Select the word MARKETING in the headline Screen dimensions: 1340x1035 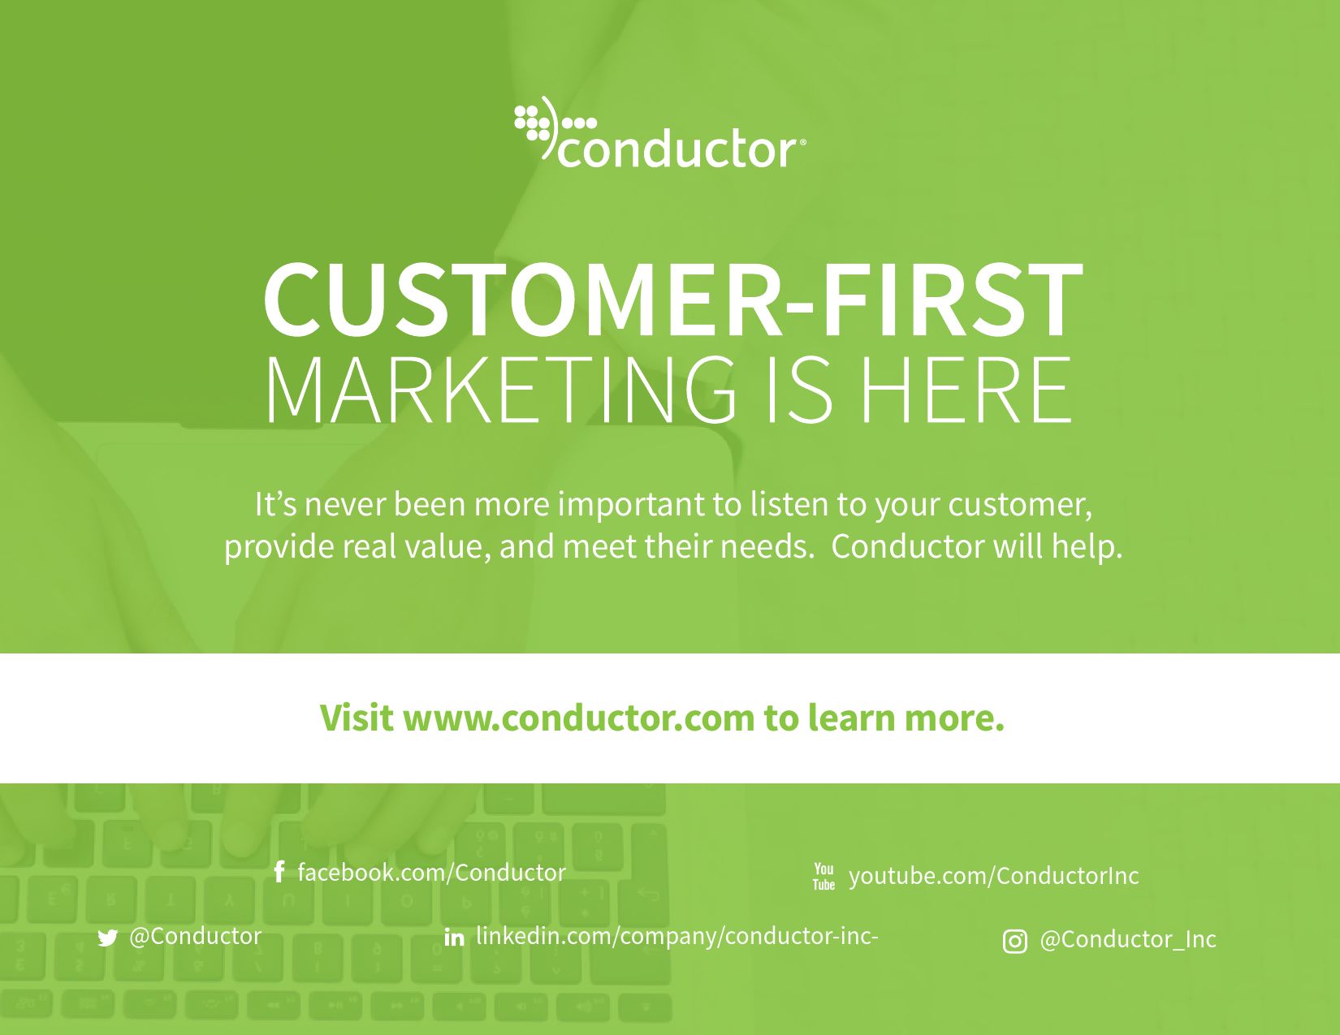499,390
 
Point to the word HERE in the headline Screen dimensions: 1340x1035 965,390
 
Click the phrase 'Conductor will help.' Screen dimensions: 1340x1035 977,546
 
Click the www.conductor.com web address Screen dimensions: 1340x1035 579,718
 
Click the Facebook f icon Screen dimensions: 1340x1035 279,872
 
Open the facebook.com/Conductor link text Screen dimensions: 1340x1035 432,873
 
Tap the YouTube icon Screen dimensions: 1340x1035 823,876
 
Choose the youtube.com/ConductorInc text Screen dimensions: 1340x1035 994,876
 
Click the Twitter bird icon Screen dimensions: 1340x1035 108,938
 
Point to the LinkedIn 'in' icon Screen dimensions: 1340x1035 455,938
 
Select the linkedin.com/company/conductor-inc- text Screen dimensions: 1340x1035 677,936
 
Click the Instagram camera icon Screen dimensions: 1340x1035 1015,942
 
